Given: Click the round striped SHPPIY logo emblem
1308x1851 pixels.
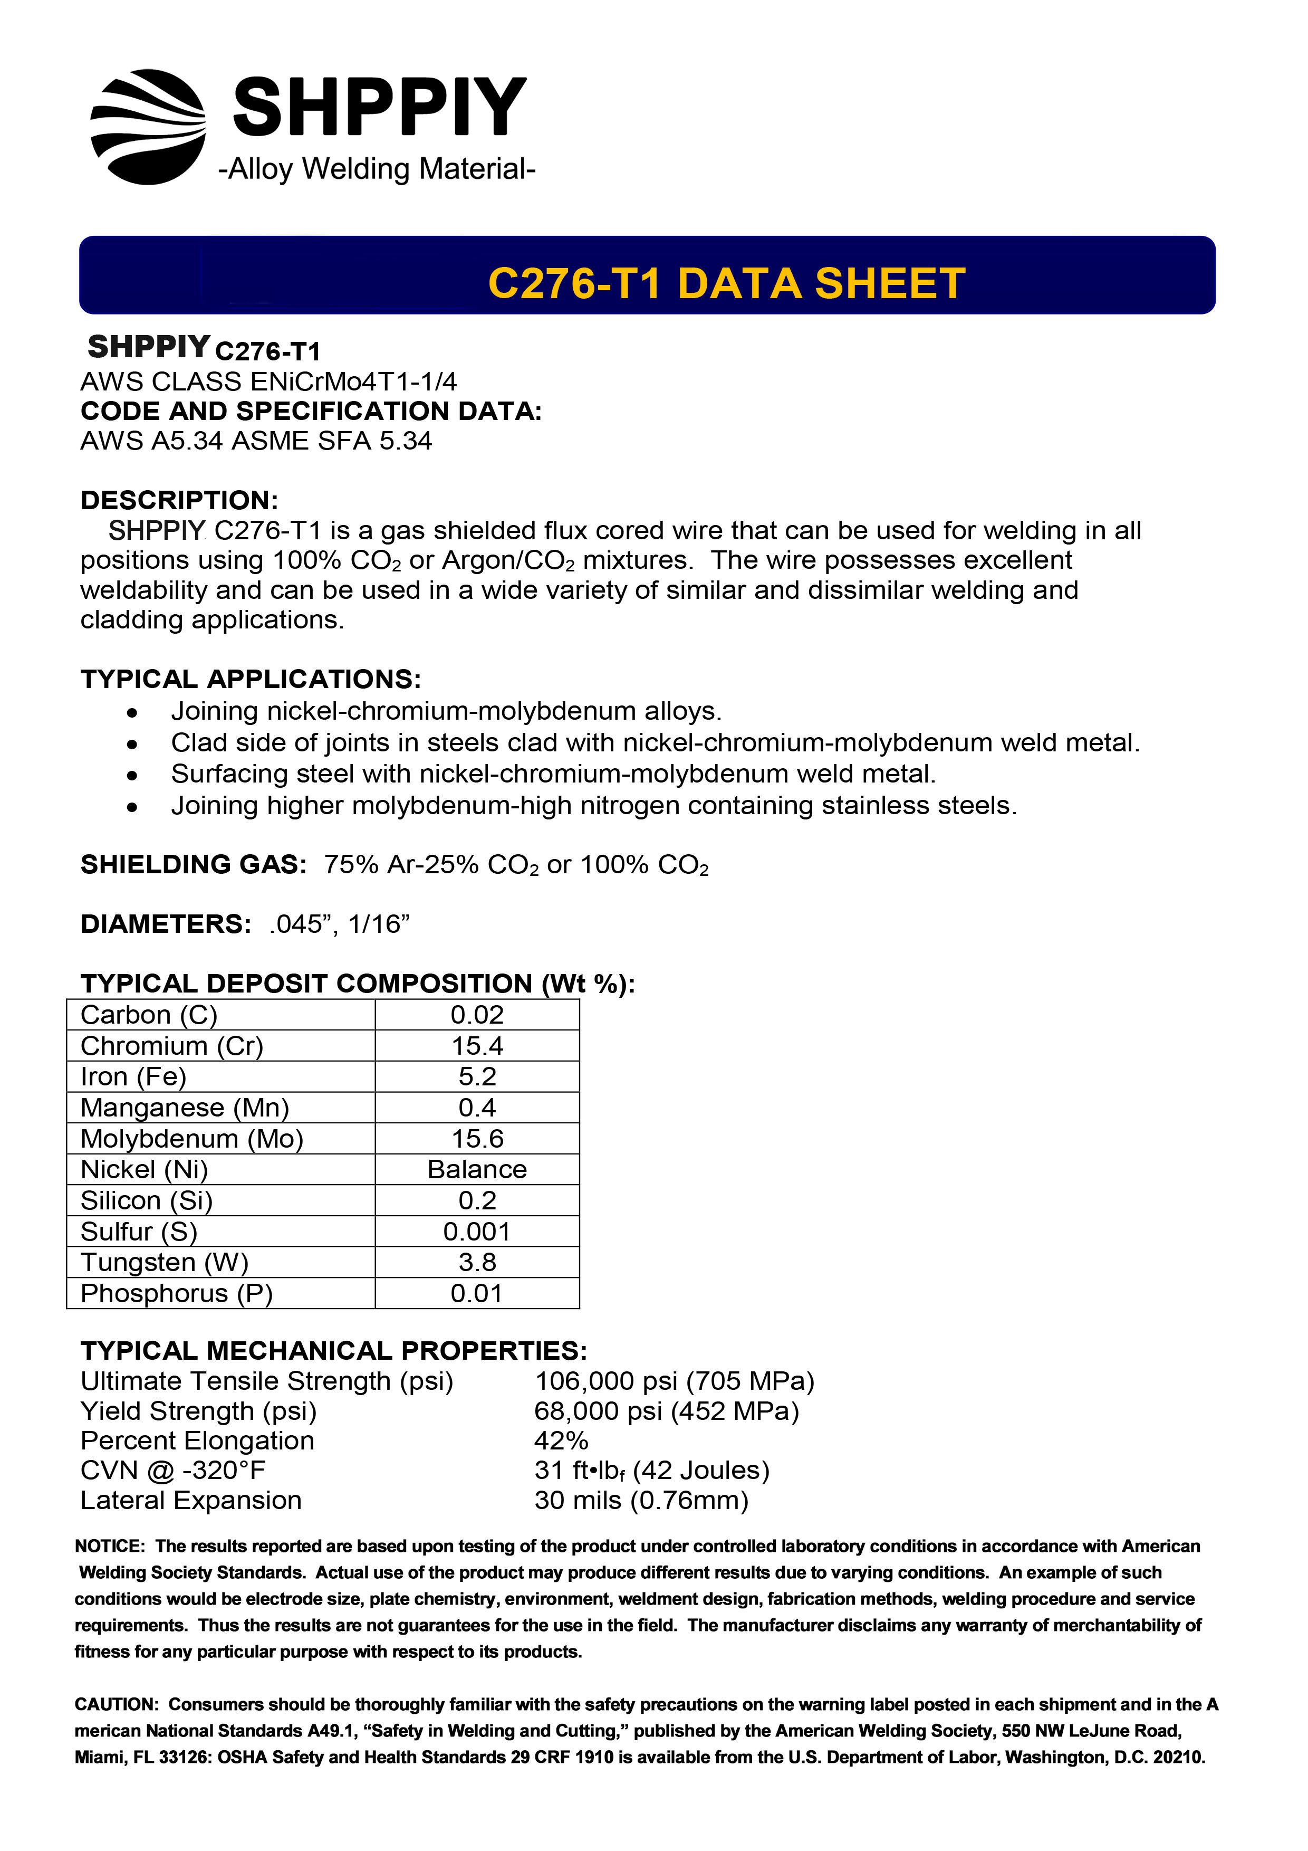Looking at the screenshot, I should [148, 127].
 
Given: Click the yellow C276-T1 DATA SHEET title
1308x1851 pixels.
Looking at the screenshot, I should [726, 284].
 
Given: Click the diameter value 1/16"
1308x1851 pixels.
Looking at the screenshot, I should [379, 924].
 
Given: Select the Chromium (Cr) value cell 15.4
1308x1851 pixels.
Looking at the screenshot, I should [477, 1046].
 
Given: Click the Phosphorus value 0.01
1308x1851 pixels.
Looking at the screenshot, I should [477, 1293].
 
